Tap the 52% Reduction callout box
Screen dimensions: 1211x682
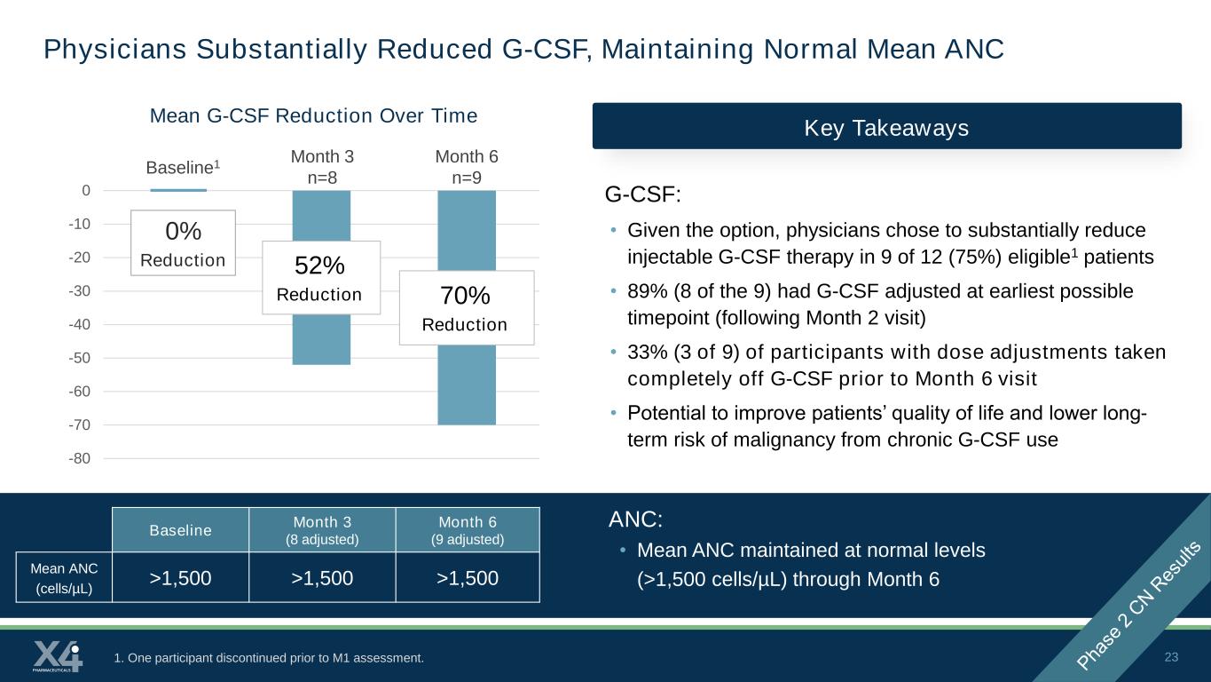[x=321, y=278]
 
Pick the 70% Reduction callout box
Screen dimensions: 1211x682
[x=467, y=308]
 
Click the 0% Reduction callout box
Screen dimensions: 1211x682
[x=184, y=243]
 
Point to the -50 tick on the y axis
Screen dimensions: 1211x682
[x=79, y=358]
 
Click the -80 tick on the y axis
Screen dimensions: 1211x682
[x=79, y=458]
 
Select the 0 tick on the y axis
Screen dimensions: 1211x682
[x=86, y=191]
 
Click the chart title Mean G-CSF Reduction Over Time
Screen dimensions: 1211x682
[x=313, y=115]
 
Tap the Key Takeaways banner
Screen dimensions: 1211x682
[x=886, y=126]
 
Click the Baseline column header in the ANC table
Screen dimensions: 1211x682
[x=181, y=530]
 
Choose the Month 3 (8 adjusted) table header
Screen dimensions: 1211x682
[x=322, y=530]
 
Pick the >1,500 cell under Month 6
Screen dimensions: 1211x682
[x=468, y=577]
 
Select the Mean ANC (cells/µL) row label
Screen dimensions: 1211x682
[x=64, y=577]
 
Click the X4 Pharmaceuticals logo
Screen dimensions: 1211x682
[x=58, y=656]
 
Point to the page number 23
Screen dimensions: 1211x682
[x=1171, y=657]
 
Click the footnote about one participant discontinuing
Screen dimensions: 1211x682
[x=269, y=658]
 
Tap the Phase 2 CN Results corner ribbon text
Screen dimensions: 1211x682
[x=1139, y=605]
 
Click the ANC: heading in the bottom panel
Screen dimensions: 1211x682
[x=635, y=519]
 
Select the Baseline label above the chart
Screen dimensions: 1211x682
[x=183, y=167]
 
